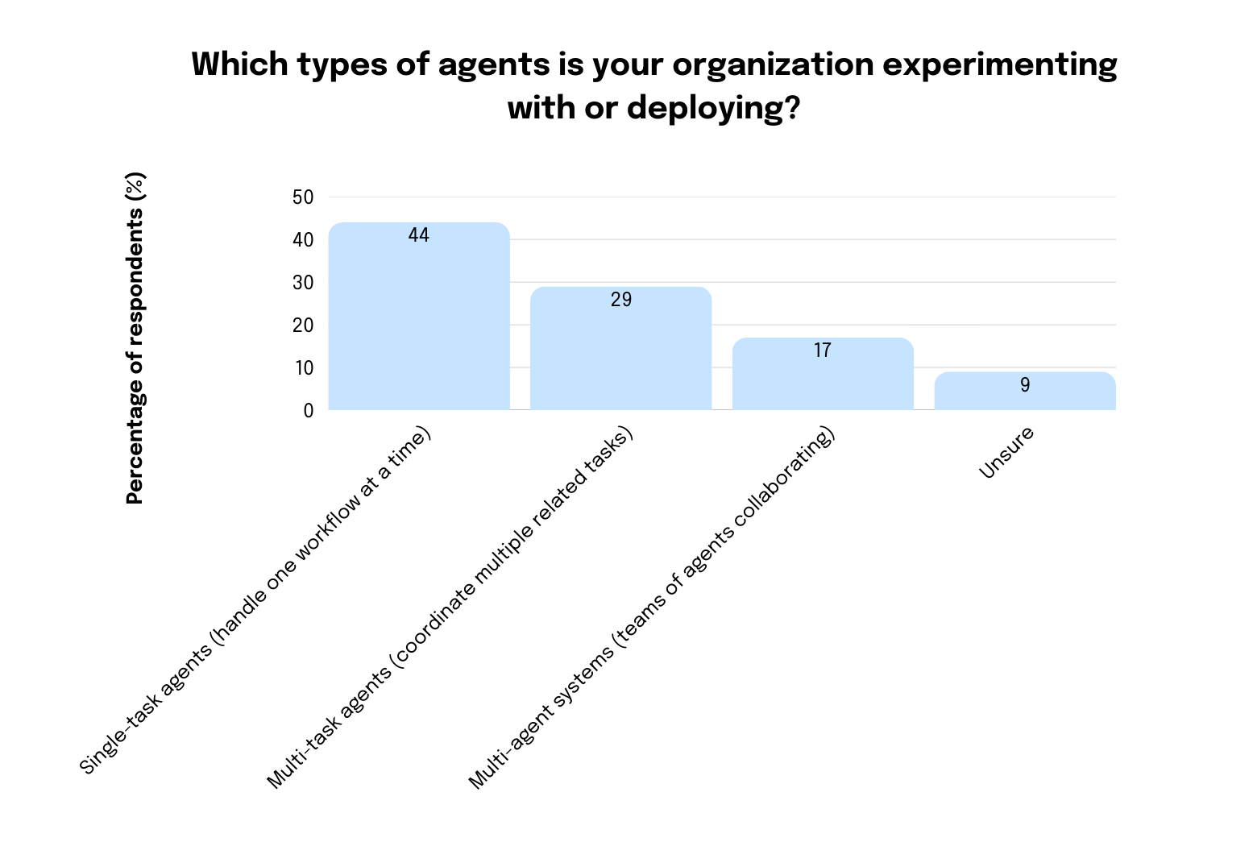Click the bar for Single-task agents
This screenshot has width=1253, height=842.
point(419,322)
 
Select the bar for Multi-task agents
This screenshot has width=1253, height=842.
point(620,355)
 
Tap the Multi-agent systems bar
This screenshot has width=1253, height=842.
point(823,379)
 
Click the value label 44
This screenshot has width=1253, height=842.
point(419,235)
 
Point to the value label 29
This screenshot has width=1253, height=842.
point(621,300)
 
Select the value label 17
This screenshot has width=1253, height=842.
point(823,350)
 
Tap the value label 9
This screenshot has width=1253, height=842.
point(1025,385)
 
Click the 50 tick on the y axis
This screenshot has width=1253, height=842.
point(303,197)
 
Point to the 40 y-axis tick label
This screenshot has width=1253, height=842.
point(303,240)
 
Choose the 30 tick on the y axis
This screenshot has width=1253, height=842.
point(303,283)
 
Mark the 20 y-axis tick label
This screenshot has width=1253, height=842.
point(303,326)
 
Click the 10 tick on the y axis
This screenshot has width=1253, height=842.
point(303,368)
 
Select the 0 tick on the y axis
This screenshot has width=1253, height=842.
point(308,411)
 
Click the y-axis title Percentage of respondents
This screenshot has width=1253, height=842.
point(135,338)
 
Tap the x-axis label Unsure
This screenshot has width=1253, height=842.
point(1006,453)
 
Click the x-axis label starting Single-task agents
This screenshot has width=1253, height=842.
point(256,600)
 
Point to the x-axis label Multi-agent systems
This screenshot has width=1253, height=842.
point(652,608)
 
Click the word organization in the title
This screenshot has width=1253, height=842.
point(773,64)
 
